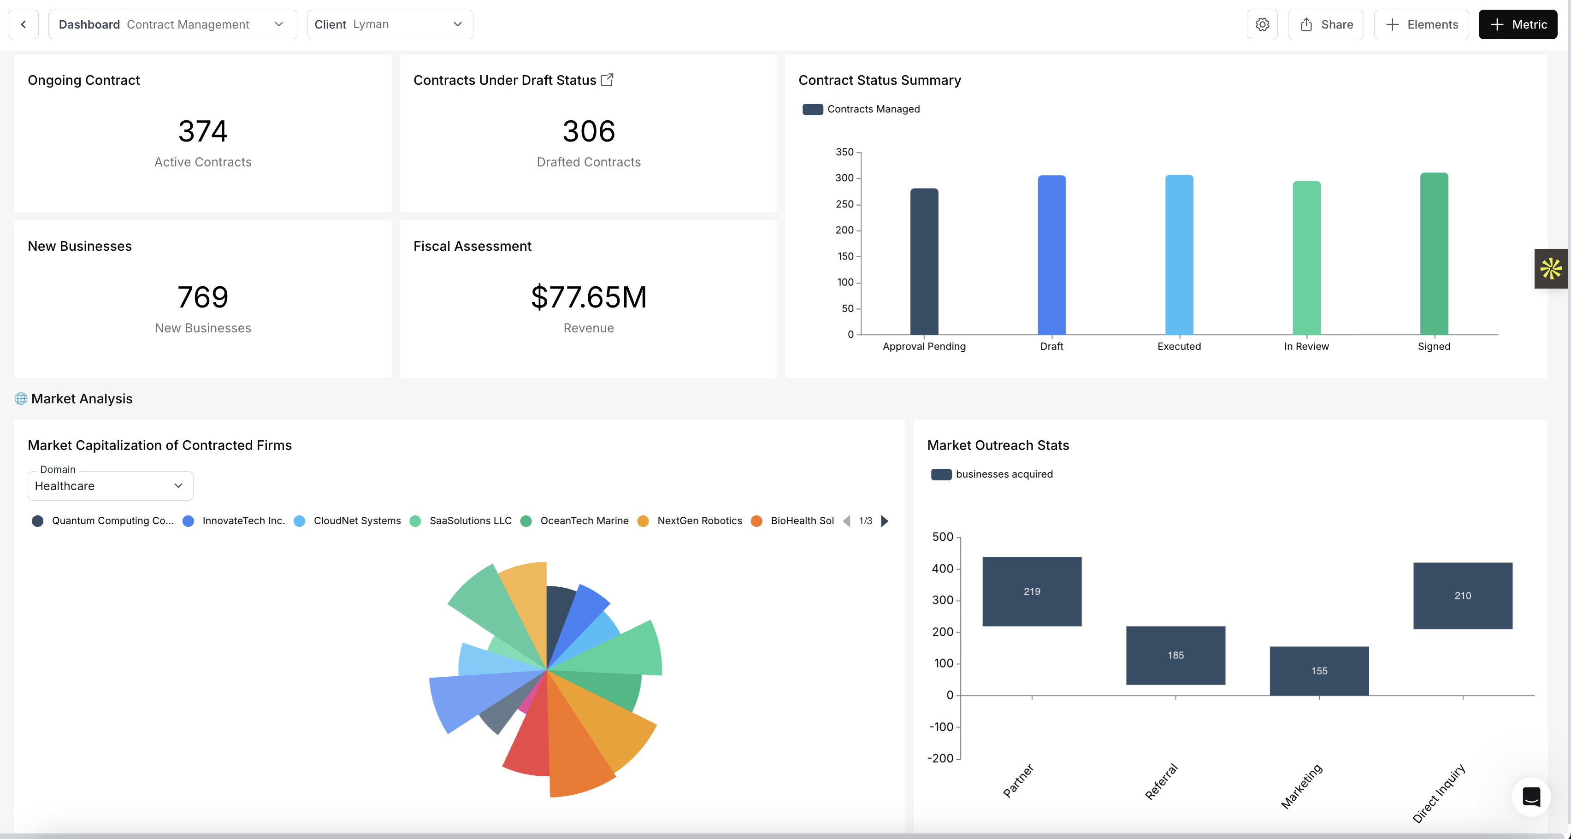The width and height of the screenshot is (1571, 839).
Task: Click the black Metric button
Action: click(1518, 24)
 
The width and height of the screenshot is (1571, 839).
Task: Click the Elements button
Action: click(1421, 24)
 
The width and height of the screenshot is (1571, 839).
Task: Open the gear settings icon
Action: click(1262, 24)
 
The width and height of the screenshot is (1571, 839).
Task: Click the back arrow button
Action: click(23, 24)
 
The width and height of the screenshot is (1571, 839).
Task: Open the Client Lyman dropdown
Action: click(390, 24)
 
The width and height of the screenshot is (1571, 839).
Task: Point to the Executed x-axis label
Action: click(1179, 346)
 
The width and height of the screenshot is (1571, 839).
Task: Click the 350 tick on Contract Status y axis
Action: click(844, 152)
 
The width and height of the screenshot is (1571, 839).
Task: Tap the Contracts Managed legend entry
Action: click(861, 109)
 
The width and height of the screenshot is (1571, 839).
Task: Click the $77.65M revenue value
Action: click(589, 297)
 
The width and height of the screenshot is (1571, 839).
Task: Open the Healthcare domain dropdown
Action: click(110, 486)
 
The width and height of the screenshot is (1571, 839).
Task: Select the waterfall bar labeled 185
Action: click(1175, 656)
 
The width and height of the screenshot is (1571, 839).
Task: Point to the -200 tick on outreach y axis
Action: click(940, 758)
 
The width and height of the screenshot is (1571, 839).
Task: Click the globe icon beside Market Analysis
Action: click(21, 399)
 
